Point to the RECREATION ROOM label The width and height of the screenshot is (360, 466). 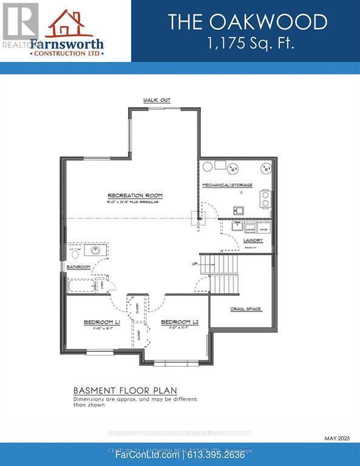click(135, 195)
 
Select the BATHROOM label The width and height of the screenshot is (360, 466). click(78, 267)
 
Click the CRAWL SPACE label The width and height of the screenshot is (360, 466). click(246, 309)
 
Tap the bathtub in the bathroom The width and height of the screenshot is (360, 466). click(81, 285)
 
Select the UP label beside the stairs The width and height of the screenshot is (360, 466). click(195, 265)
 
